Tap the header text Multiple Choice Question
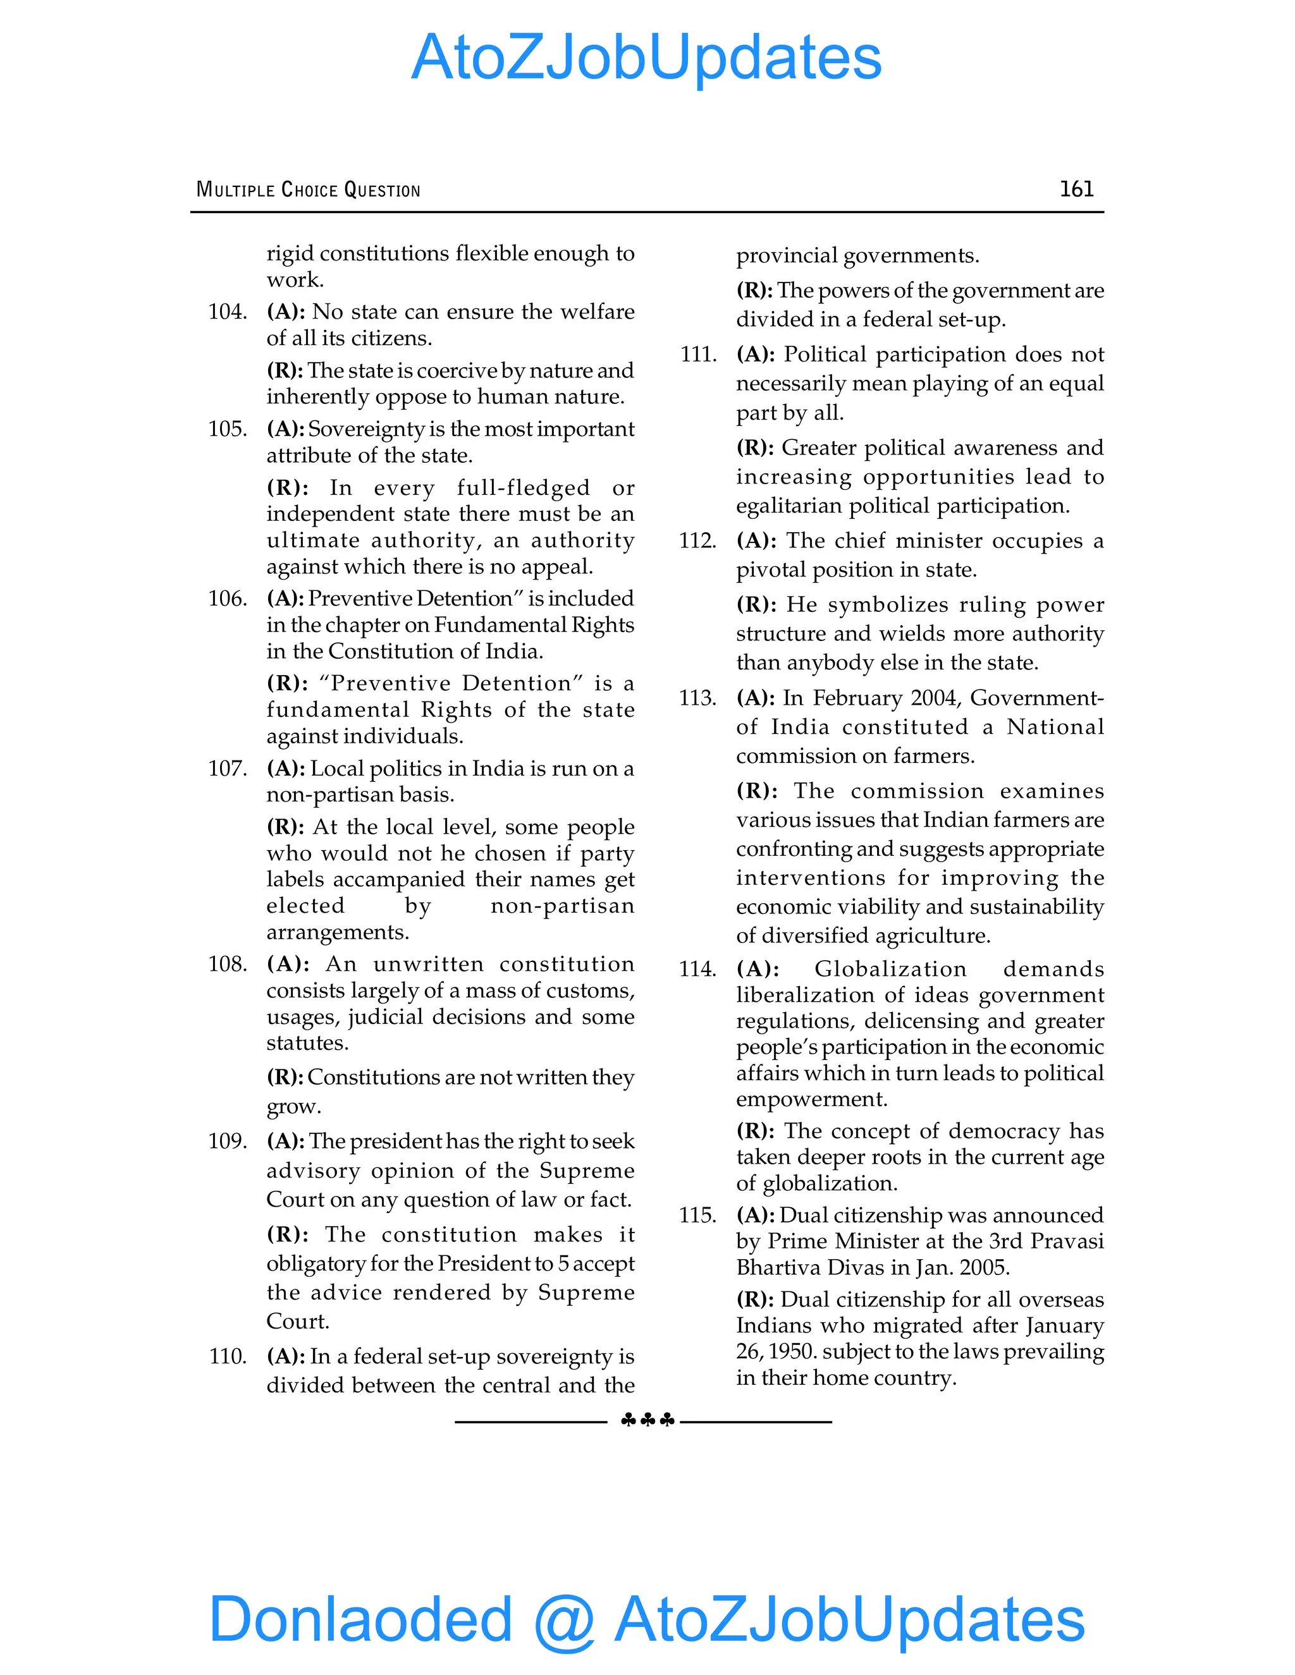pos(308,190)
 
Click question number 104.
pos(227,312)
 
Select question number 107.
pos(227,769)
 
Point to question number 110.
pos(227,1356)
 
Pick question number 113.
pos(697,698)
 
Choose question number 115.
pos(697,1215)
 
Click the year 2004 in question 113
pos(935,698)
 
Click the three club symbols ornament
pos(647,1420)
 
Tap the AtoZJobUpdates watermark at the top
pos(646,57)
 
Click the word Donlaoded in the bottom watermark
pos(360,1618)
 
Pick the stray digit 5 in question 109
pos(563,1263)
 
